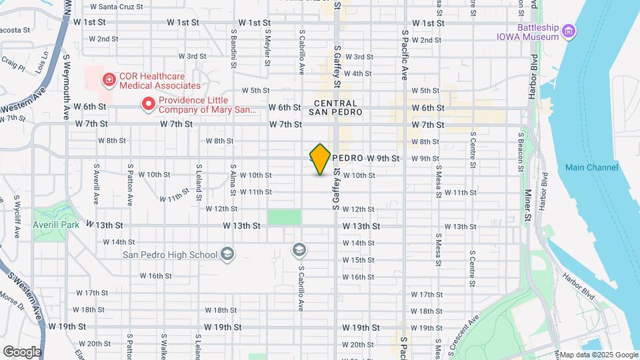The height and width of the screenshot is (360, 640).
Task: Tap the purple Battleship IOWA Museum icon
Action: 569,31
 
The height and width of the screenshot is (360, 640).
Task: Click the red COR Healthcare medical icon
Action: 107,80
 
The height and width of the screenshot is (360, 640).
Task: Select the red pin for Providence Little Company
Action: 147,104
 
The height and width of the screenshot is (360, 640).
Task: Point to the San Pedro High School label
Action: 170,255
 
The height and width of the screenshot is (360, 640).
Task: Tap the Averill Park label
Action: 56,225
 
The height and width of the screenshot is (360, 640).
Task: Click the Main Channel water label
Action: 591,167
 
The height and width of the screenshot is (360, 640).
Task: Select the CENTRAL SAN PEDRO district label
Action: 335,108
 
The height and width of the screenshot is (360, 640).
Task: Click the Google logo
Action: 21,351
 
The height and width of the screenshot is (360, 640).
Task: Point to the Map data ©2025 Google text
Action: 599,354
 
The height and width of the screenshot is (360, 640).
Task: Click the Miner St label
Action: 527,204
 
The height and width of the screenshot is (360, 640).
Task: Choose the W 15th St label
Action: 359,260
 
